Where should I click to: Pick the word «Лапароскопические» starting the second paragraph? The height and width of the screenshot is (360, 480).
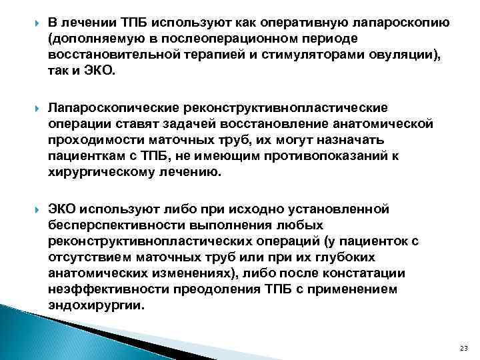[x=108, y=108]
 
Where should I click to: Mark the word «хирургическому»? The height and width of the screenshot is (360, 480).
[x=97, y=172]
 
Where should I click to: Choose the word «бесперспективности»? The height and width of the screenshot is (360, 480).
[x=114, y=225]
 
